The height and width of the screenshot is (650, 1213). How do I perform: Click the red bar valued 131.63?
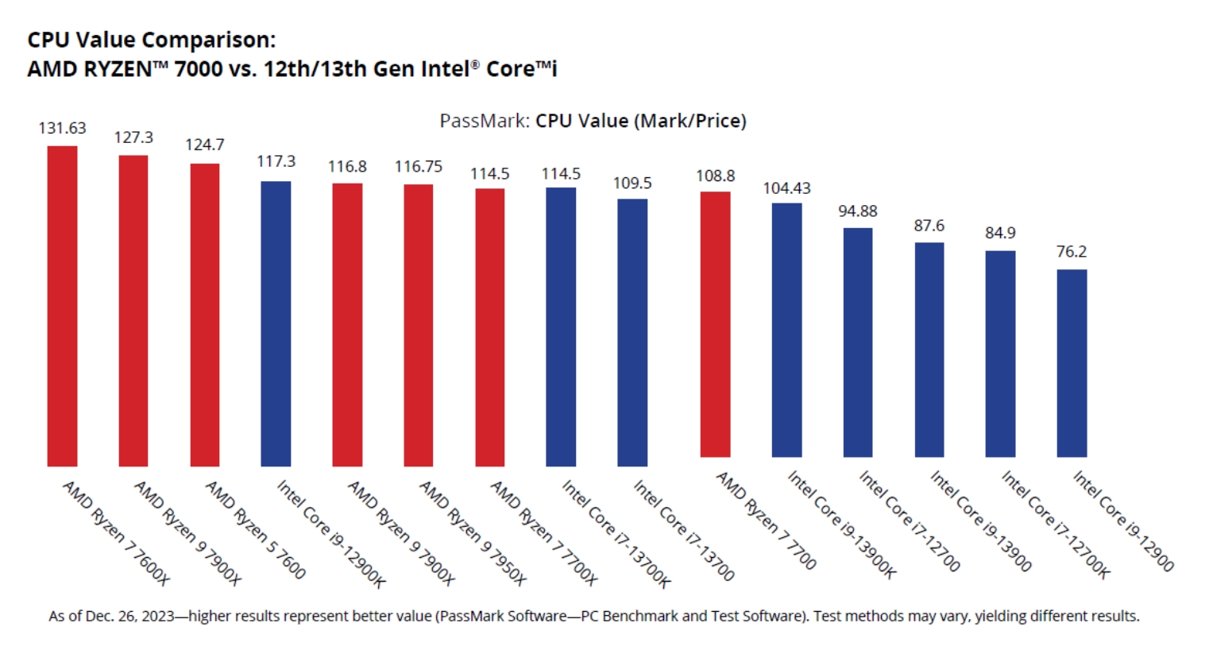(62, 306)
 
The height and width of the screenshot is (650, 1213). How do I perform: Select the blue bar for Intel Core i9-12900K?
(276, 323)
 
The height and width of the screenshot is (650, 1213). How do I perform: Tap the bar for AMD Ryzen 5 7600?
(205, 315)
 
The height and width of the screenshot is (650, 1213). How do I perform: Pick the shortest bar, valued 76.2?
(1072, 363)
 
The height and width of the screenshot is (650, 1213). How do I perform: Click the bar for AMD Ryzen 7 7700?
(715, 324)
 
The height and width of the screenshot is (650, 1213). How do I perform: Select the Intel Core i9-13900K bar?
(786, 330)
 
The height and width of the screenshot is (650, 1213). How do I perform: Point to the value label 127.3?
(133, 137)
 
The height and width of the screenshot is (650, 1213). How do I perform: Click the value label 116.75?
(419, 166)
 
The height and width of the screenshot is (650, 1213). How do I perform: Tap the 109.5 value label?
(632, 183)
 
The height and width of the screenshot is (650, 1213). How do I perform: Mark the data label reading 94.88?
(858, 211)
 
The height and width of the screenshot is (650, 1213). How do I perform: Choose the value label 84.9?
(1000, 233)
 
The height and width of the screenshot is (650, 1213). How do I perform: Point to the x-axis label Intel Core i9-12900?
(1123, 521)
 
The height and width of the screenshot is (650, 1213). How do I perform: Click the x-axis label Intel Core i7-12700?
(910, 521)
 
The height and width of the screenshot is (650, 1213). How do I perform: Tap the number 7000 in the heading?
(198, 69)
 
